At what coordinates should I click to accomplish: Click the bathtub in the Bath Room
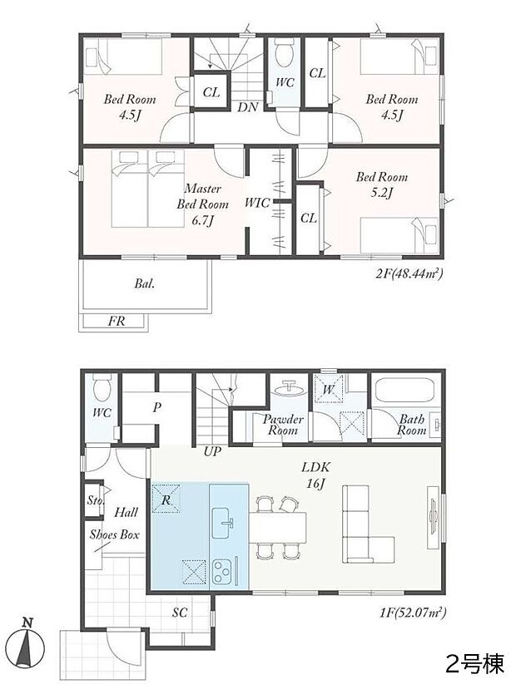coord(404,390)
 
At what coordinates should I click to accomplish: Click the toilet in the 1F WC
coord(101,387)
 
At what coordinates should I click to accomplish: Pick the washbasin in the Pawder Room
coord(289,389)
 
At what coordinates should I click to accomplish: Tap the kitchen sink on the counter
coord(224,523)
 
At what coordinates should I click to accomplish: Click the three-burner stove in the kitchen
coord(223,572)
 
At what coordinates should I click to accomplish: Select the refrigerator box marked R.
coord(166,498)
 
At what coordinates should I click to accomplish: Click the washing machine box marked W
coord(328,388)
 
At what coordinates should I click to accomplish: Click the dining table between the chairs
coord(277,527)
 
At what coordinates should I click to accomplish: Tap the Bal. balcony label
coord(144,284)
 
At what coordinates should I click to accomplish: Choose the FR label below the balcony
coord(117,321)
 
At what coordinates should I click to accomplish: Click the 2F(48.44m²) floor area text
coord(409,274)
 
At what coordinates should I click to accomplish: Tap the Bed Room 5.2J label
coord(381,185)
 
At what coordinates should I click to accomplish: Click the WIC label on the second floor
coord(257,203)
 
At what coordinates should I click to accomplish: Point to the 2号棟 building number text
coord(474,663)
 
